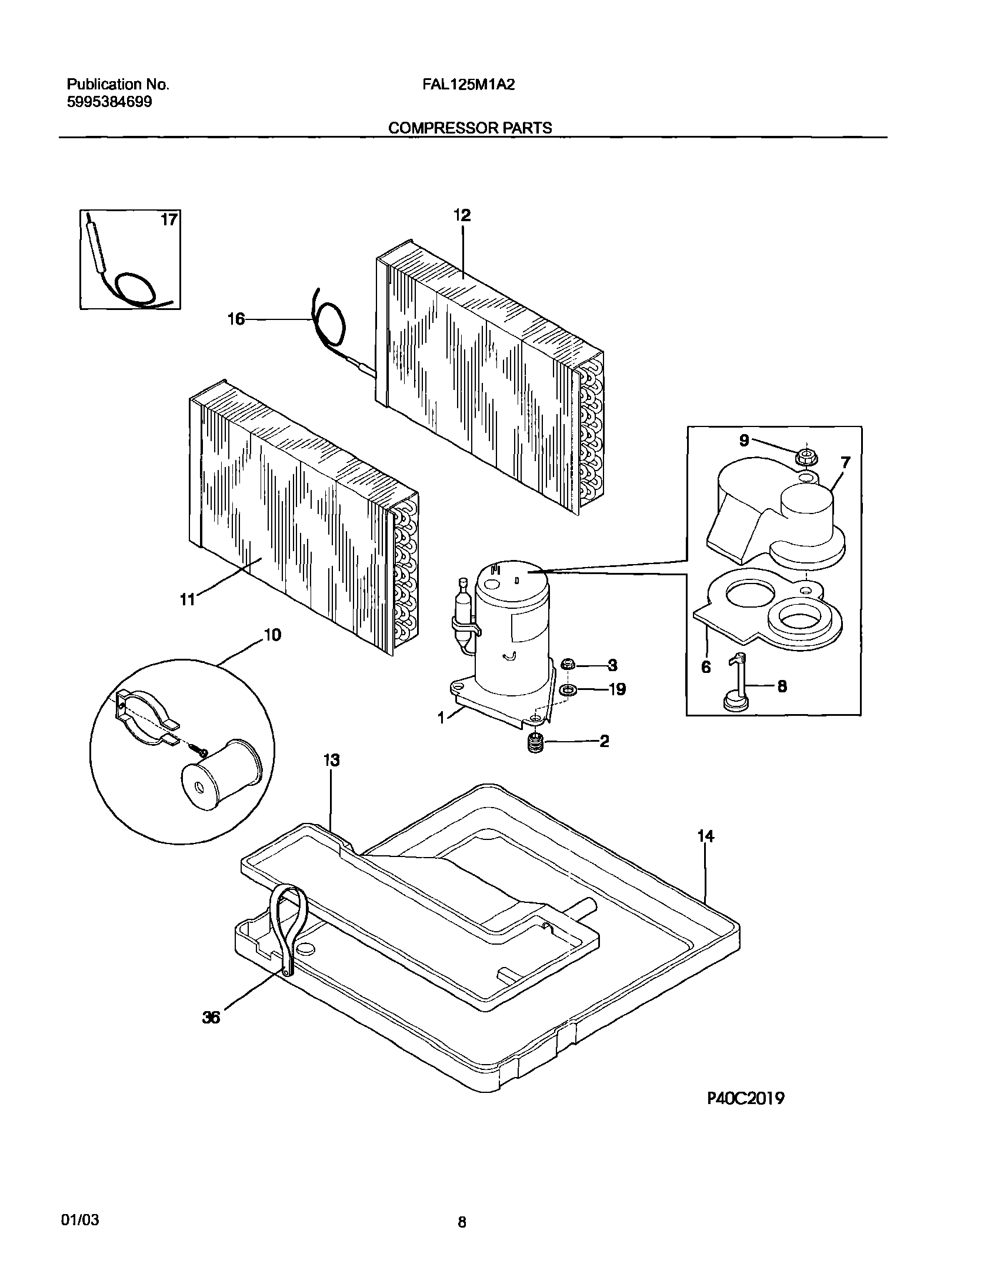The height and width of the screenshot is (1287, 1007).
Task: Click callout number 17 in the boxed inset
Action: [x=169, y=220]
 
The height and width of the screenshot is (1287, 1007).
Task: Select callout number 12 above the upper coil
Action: [x=462, y=216]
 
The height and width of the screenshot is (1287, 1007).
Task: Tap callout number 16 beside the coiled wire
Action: [x=236, y=319]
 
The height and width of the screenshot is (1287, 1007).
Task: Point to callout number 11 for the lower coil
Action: [x=187, y=599]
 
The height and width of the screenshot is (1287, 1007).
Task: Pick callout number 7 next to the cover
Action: [x=845, y=463]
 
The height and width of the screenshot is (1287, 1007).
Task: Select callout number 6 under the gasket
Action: [x=706, y=667]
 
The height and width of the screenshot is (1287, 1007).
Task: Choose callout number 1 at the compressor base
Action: [x=441, y=718]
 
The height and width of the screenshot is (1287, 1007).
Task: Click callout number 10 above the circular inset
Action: [x=272, y=635]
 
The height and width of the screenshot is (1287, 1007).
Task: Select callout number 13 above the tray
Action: [x=331, y=761]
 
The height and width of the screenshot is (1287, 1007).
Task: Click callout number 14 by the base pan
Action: [x=705, y=836]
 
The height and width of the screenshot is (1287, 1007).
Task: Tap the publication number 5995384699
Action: [x=109, y=102]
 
